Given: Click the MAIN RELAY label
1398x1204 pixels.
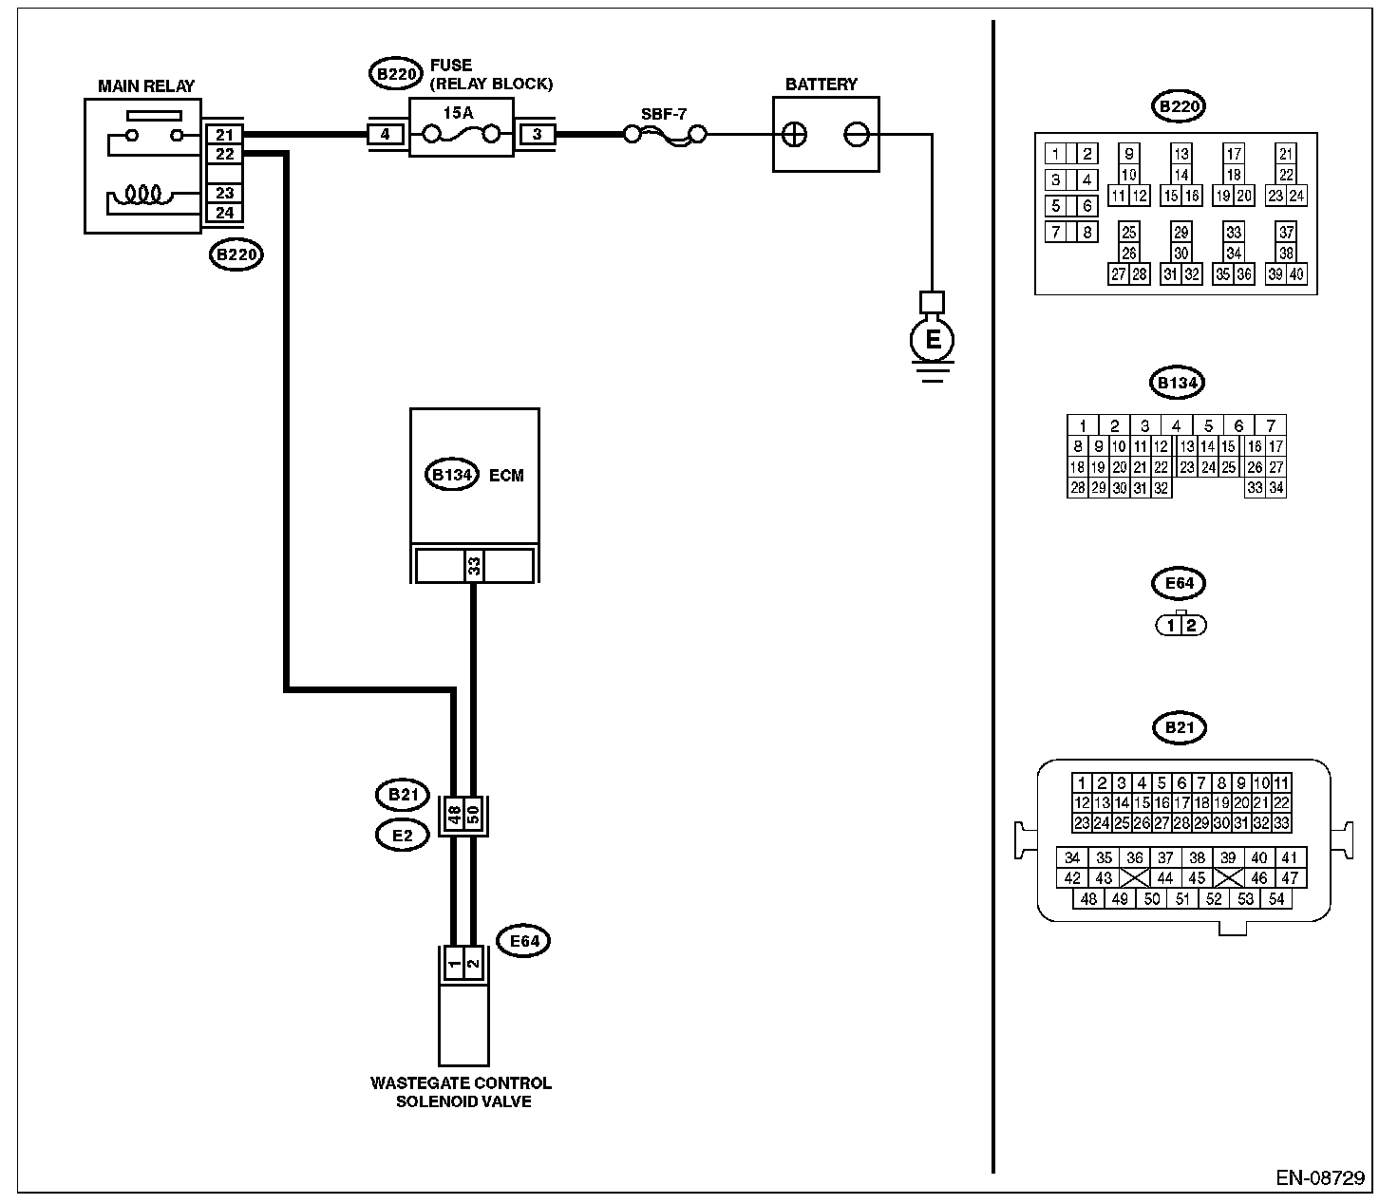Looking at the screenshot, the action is tap(146, 85).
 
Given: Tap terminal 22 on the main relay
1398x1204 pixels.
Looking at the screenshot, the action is tap(224, 154).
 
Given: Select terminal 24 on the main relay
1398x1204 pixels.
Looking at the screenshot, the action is tap(224, 213).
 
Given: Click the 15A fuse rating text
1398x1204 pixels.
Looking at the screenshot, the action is tap(458, 113).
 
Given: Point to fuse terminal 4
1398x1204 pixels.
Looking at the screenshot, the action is tap(385, 134).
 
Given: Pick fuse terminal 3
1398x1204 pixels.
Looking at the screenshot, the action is tap(537, 134).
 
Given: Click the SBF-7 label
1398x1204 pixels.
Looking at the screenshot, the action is tap(664, 114).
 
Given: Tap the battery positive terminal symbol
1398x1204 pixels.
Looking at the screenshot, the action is tap(794, 135).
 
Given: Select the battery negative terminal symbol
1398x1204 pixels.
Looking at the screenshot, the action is tap(857, 135).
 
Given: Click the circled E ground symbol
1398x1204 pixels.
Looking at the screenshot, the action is tap(932, 340).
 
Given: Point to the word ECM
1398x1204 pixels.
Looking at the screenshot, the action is tap(506, 476).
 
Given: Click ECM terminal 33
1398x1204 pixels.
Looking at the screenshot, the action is tap(474, 566).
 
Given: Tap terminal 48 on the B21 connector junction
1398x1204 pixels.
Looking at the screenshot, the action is tap(455, 815).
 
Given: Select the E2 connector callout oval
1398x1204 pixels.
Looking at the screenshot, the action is tap(403, 836).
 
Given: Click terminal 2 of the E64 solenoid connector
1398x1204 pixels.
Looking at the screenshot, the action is tap(474, 962).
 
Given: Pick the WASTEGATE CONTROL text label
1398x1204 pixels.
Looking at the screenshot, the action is tap(462, 1082).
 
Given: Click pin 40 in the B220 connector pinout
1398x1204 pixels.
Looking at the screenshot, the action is tap(1295, 274).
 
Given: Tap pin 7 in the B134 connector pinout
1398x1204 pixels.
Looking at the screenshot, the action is tap(1271, 425).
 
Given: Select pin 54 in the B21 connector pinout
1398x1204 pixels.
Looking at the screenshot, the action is tap(1276, 899).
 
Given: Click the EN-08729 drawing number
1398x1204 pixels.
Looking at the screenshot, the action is tap(1319, 1177).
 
